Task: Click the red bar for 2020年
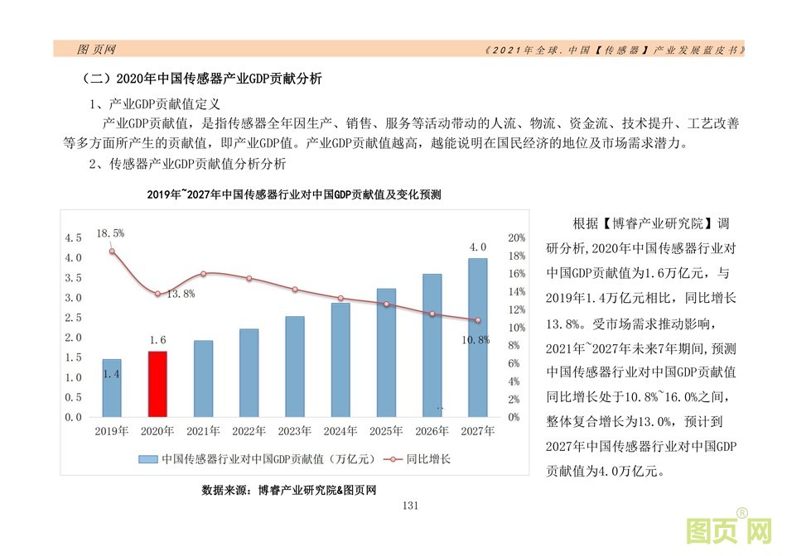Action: coord(157,384)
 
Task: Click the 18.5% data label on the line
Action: coord(110,233)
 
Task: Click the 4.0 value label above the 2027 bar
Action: coord(478,247)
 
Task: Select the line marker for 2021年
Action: coord(204,274)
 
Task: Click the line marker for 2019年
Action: coord(112,252)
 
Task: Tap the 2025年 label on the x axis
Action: coord(387,431)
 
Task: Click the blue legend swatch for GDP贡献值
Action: coord(147,458)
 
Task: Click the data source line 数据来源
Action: coord(289,490)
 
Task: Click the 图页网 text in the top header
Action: coord(96,49)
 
